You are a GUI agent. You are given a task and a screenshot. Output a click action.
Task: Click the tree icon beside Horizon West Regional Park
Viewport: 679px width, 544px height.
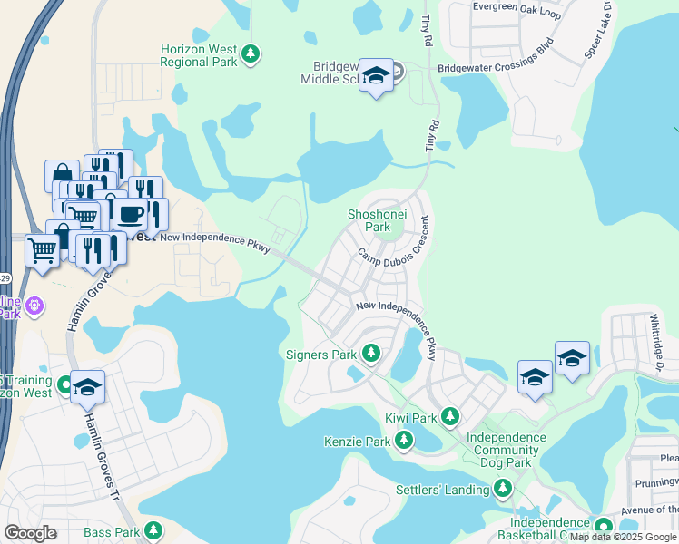(x=251, y=54)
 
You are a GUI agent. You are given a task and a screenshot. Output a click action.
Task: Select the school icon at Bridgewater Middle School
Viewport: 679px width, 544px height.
(x=376, y=76)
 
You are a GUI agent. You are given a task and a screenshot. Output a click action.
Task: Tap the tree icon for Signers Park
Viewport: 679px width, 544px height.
(x=370, y=352)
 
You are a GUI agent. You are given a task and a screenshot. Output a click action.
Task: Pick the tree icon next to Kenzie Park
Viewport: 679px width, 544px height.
(x=404, y=442)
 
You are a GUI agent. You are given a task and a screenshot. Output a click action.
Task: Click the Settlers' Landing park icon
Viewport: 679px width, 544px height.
(x=503, y=491)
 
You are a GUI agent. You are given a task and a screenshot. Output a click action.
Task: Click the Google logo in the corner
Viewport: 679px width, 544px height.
(x=31, y=533)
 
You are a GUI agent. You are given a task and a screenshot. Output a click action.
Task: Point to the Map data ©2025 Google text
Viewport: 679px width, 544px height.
(x=623, y=537)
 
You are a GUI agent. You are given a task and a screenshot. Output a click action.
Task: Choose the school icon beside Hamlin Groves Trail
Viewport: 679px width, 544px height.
(x=86, y=387)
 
